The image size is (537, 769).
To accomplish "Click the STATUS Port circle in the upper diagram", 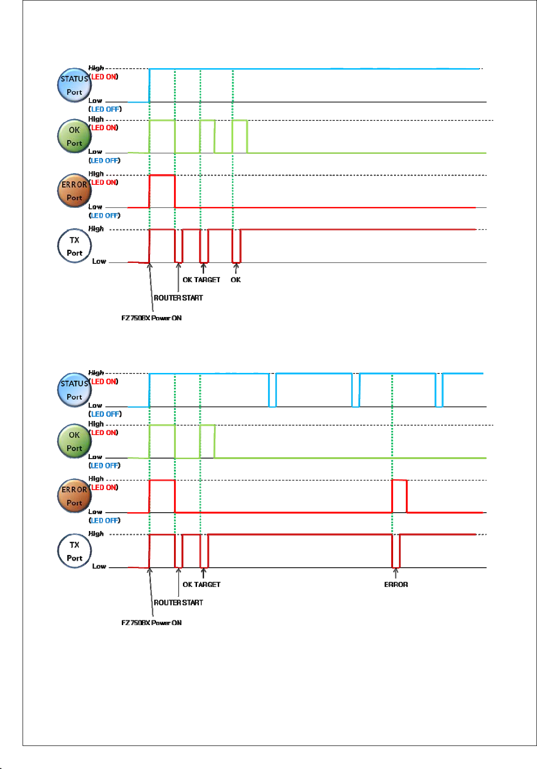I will [x=74, y=85].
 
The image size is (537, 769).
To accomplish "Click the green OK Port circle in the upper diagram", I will [x=74, y=136].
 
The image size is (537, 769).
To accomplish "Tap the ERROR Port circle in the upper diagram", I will [x=74, y=191].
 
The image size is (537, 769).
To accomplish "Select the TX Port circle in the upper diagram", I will [x=74, y=246].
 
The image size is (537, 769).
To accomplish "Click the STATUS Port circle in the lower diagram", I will [x=74, y=390].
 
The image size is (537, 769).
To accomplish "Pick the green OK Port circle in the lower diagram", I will [x=74, y=441].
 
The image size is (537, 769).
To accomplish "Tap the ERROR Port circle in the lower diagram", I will [x=74, y=496].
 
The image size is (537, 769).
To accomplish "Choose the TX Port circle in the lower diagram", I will [x=74, y=551].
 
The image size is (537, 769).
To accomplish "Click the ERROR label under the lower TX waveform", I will [x=396, y=585].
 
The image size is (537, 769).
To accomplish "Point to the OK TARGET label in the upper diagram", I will [x=201, y=280].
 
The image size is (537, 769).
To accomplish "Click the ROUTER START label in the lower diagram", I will [x=178, y=603].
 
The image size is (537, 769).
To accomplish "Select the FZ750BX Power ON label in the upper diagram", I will [x=151, y=318].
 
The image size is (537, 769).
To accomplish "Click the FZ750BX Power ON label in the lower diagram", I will [x=151, y=623].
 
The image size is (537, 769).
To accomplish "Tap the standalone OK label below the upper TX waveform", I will [x=236, y=280].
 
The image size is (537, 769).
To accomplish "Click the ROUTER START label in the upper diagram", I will [x=178, y=298].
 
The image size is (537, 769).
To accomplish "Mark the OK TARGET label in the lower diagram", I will [x=201, y=585].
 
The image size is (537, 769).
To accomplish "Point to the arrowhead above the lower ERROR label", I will [x=395, y=571].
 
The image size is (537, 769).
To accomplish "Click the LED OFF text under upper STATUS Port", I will [x=105, y=109].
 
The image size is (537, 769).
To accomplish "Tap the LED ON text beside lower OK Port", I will [x=104, y=433].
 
